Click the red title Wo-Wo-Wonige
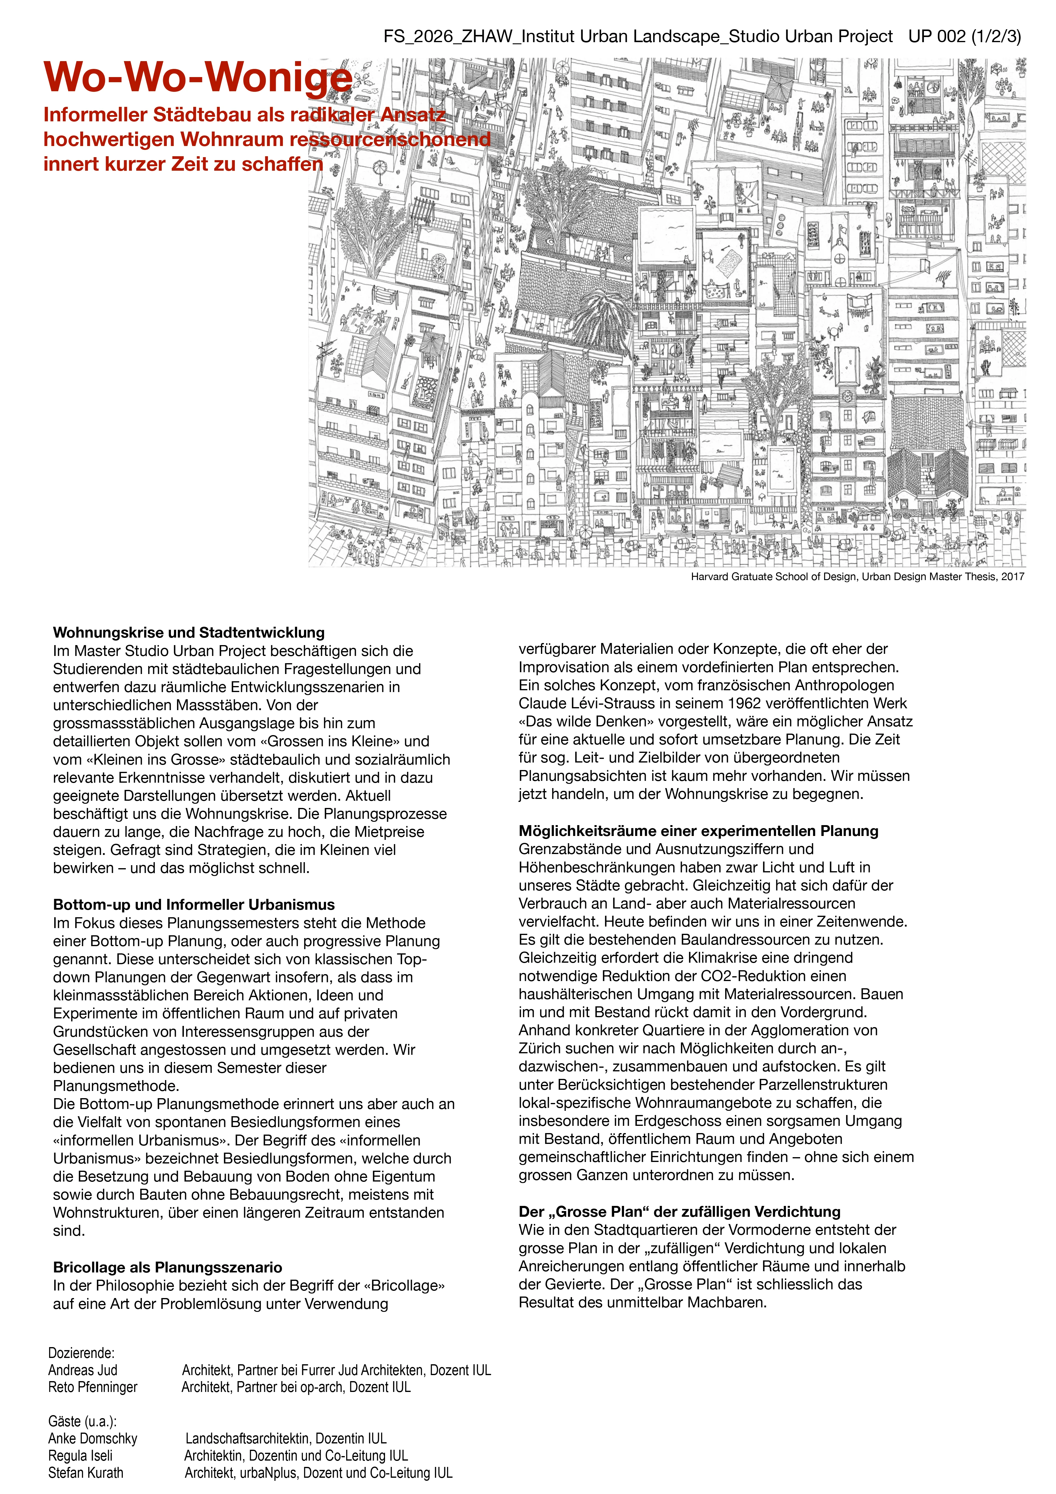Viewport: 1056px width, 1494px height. (198, 77)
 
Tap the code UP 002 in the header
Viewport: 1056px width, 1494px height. (937, 36)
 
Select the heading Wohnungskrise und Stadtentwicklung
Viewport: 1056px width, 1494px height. (189, 632)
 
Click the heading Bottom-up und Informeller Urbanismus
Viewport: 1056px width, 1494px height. (194, 905)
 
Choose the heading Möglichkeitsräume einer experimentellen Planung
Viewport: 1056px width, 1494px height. (698, 831)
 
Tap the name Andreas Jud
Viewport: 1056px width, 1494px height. (83, 1370)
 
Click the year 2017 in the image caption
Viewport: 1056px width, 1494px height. (1012, 576)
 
